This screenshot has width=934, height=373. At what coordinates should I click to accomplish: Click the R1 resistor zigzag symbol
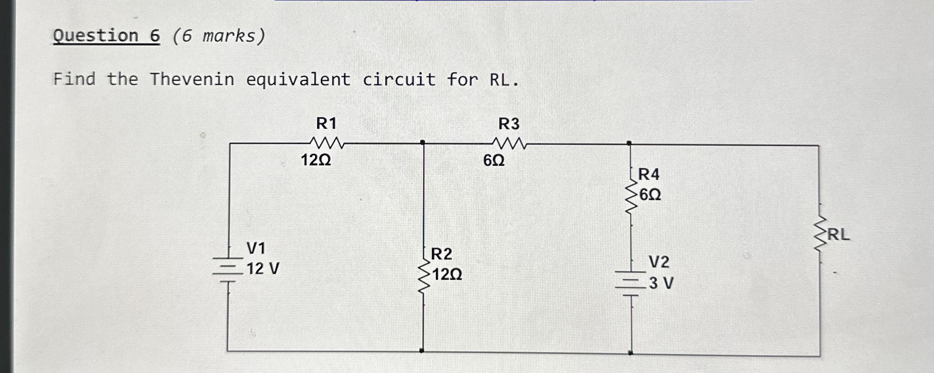[x=327, y=143]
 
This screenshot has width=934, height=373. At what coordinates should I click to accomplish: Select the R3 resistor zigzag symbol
[x=509, y=144]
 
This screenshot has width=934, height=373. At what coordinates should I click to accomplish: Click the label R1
[x=326, y=123]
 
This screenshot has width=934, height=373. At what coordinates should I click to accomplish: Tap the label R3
[x=509, y=124]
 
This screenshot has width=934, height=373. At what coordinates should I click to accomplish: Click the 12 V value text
[x=263, y=268]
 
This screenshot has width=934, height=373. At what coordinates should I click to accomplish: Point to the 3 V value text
[x=661, y=283]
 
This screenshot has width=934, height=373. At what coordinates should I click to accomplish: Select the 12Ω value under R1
[x=316, y=160]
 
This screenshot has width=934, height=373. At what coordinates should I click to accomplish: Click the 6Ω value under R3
[x=494, y=160]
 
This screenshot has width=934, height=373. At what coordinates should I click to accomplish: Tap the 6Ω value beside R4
[x=650, y=194]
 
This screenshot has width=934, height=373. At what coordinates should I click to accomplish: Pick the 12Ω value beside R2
[x=447, y=275]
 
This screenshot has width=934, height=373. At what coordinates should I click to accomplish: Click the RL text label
[x=838, y=234]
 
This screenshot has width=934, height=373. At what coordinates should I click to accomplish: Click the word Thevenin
[x=192, y=79]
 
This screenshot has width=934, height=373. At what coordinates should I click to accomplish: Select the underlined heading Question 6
[x=106, y=36]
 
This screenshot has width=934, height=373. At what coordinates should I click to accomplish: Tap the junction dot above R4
[x=629, y=144]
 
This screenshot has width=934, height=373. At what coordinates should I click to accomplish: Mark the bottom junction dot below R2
[x=422, y=351]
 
